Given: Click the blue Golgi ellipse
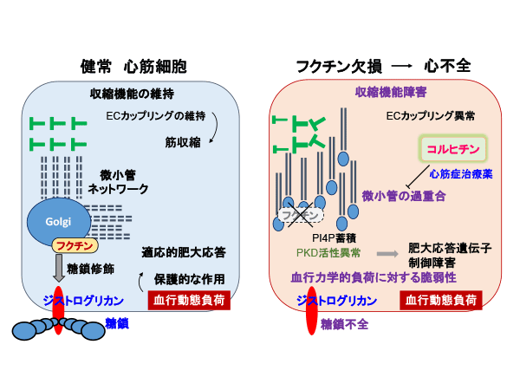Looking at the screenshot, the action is [x=59, y=222].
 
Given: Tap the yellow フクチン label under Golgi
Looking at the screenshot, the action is [x=75, y=246].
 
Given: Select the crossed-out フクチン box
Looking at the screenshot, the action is [x=301, y=215].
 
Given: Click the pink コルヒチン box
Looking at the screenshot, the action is [x=453, y=149].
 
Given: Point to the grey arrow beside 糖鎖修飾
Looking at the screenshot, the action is [x=59, y=268].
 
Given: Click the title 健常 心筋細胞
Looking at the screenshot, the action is [x=133, y=67].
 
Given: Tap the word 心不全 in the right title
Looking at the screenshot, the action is [x=447, y=66].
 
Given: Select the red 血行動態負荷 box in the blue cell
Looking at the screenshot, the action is [x=189, y=300].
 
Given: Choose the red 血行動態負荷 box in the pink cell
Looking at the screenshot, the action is [x=441, y=300].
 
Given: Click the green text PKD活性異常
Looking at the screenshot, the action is [x=328, y=253].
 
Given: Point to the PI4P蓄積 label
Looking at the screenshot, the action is [x=335, y=237].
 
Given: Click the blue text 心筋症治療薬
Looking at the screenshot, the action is [x=461, y=174].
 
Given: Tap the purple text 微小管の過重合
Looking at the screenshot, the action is [x=404, y=196].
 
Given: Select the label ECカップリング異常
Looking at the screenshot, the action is [x=431, y=116].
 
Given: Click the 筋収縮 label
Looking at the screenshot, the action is [x=183, y=142].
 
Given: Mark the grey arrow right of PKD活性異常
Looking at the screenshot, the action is [x=387, y=254].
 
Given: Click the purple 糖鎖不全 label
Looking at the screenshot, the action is [x=344, y=324].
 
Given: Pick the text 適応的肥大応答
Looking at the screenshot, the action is [x=184, y=253].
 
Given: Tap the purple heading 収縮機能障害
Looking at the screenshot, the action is [x=391, y=92].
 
